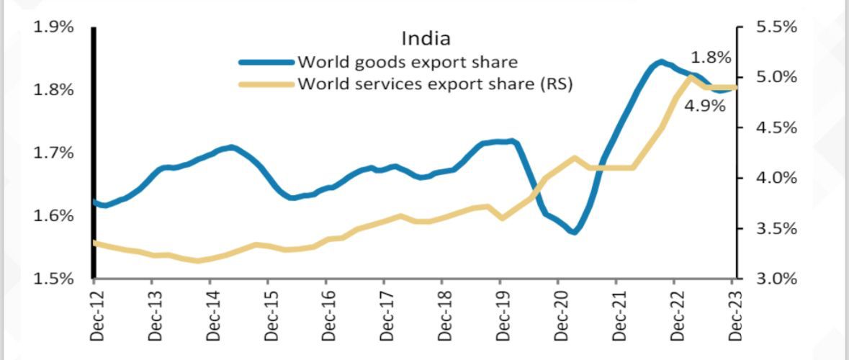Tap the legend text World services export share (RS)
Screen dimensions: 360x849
pyautogui.click(x=435, y=84)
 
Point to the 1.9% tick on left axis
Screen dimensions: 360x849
pyautogui.click(x=54, y=27)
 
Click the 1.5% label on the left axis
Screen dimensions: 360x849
pyautogui.click(x=54, y=279)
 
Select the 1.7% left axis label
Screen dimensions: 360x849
pyautogui.click(x=54, y=153)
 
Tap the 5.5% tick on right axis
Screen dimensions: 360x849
pyautogui.click(x=776, y=27)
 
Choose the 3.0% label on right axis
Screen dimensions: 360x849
pyautogui.click(x=776, y=279)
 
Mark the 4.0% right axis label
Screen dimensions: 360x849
pyautogui.click(x=776, y=178)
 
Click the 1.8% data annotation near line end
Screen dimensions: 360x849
pyautogui.click(x=710, y=57)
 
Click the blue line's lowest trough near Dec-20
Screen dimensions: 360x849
pyautogui.click(x=574, y=232)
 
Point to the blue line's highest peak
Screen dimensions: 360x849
pyautogui.click(x=660, y=63)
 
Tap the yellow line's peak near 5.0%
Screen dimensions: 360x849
pyautogui.click(x=691, y=76)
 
